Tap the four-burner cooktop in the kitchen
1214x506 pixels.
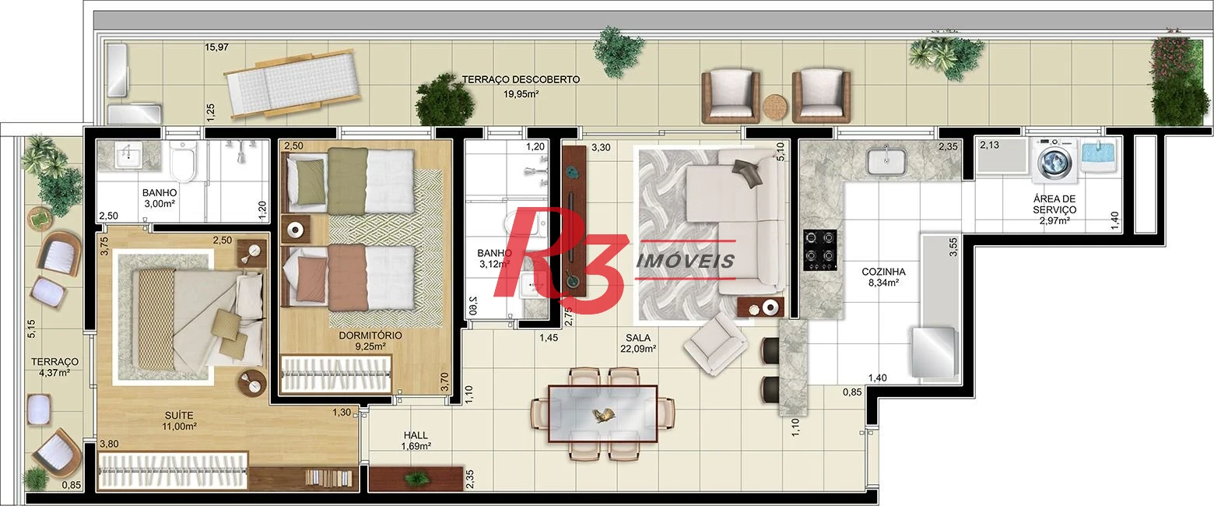tap(820, 250)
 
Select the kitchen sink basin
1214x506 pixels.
tap(886, 162)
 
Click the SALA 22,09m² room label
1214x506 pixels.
tap(638, 343)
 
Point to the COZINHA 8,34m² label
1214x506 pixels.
tap(883, 276)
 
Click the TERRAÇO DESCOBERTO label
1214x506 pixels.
tap(521, 79)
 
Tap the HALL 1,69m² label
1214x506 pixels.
tap(416, 441)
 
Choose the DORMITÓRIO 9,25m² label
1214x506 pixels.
tap(370, 341)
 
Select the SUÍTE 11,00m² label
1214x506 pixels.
tap(179, 421)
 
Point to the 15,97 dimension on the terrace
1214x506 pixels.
tap(216, 47)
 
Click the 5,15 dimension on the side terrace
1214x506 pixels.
tap(31, 329)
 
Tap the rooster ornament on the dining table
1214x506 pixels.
tap(602, 416)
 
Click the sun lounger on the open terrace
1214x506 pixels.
tap(293, 83)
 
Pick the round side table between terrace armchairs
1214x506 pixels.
tap(775, 107)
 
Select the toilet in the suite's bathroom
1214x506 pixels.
tap(182, 160)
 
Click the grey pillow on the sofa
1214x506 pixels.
tap(747, 172)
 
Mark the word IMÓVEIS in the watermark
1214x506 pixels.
tap(685, 261)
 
